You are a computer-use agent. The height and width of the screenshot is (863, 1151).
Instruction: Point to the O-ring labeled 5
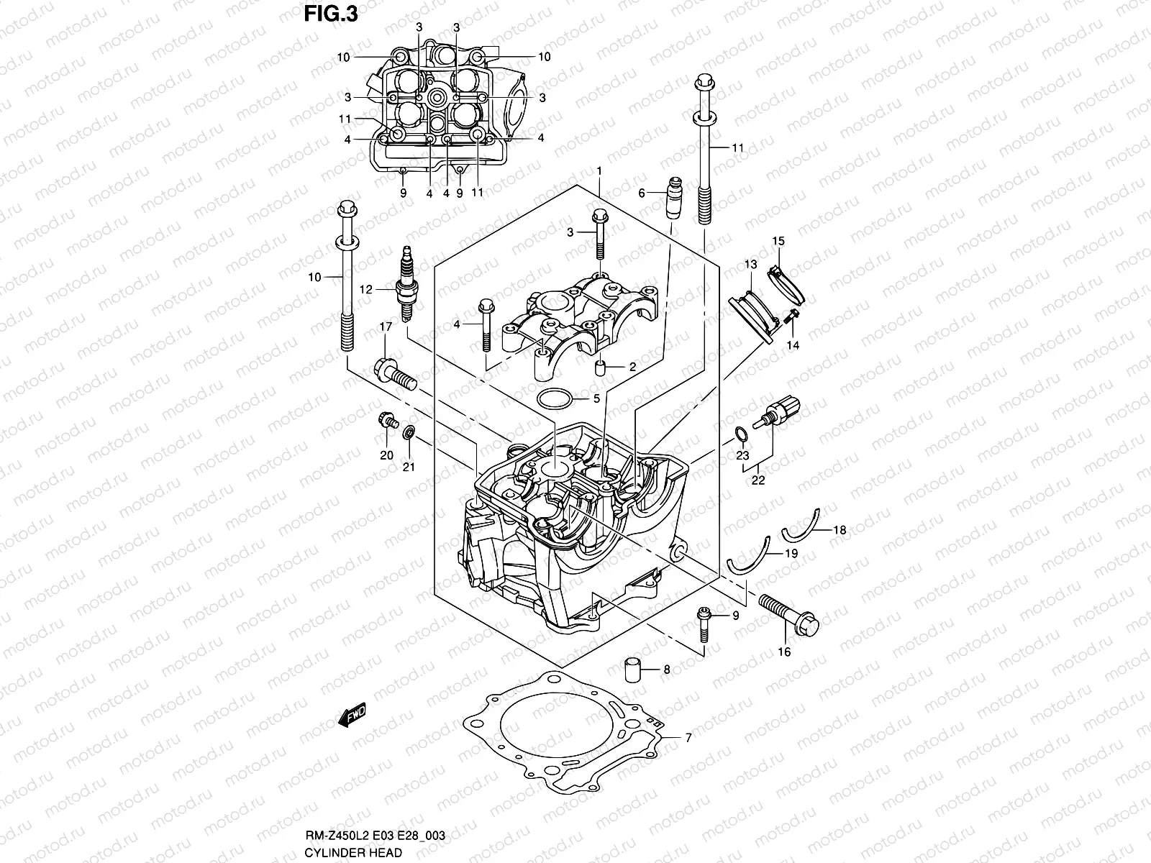click(x=556, y=398)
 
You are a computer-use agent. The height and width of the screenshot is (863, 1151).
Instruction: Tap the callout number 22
click(x=758, y=481)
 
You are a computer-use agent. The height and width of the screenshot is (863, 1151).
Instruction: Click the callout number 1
click(x=599, y=170)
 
